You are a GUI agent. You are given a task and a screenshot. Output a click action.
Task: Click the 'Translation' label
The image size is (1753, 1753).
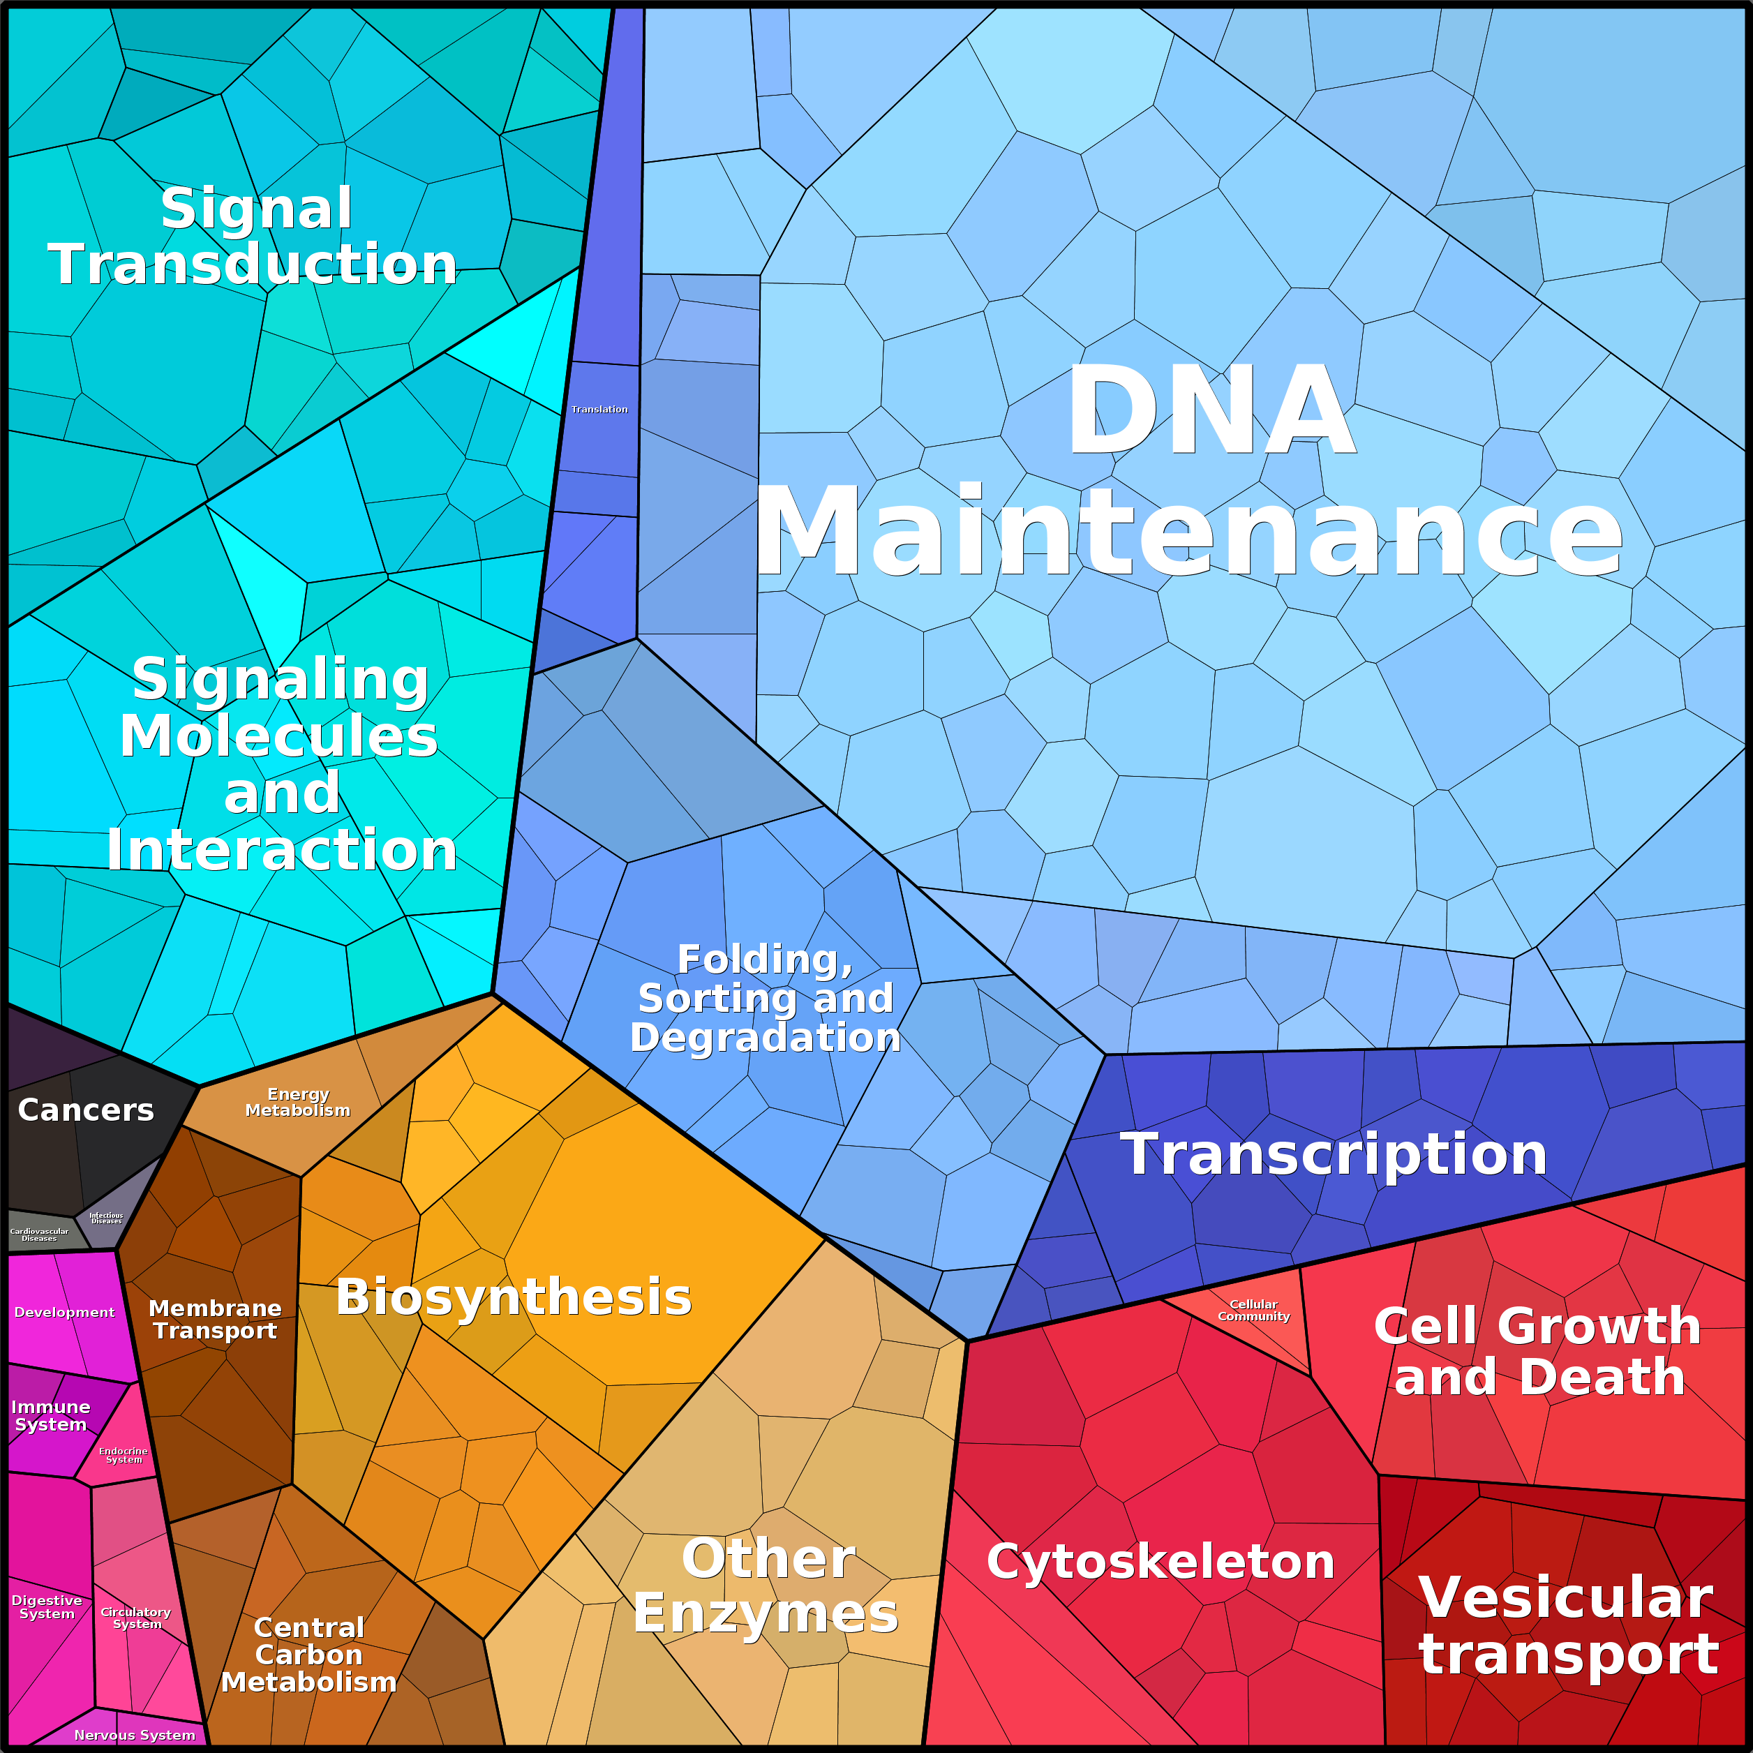click(599, 409)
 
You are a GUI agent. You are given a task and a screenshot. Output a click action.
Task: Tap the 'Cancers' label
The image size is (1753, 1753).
click(87, 1110)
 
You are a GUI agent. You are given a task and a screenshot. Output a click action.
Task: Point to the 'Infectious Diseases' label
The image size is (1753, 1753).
click(106, 1218)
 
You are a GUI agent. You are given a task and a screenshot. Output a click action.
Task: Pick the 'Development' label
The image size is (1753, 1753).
click(64, 1312)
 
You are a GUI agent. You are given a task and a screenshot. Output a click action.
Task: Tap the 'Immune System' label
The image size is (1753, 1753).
click(51, 1415)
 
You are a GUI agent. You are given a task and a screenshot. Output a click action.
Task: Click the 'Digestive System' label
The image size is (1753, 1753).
click(47, 1607)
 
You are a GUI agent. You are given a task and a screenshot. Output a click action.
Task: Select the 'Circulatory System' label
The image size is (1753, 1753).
click(136, 1618)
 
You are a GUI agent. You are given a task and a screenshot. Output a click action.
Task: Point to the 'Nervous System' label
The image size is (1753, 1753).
click(134, 1735)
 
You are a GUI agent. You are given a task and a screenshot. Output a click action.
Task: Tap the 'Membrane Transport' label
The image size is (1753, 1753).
click(215, 1320)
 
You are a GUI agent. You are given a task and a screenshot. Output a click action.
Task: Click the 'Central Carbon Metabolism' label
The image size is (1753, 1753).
click(308, 1655)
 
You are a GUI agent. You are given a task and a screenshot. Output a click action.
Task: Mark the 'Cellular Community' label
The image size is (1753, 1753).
click(1253, 1310)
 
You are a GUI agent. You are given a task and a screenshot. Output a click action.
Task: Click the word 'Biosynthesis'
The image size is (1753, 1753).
click(514, 1297)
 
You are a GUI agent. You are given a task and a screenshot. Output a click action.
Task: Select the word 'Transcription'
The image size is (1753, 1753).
click(1333, 1154)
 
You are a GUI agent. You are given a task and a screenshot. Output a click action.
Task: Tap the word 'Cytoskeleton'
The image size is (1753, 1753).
click(1161, 1560)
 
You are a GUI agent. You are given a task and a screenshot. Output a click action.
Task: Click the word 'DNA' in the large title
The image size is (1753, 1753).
click(1210, 410)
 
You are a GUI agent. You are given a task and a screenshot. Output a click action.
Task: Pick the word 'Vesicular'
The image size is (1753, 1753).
click(1565, 1597)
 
